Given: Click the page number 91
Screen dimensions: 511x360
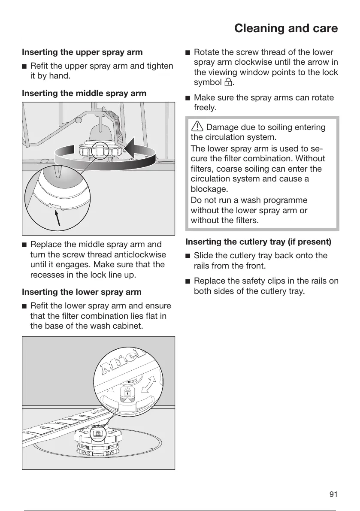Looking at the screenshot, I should click(x=333, y=494).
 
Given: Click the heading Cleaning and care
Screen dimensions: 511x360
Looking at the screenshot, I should click(x=286, y=28).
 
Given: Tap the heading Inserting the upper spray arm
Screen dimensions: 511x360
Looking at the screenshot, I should click(x=82, y=52).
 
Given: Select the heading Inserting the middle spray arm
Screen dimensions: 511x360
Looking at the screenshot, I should click(x=84, y=93).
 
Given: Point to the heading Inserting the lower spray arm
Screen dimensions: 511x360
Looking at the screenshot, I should click(x=82, y=292).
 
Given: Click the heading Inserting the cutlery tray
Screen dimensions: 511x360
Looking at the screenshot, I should click(x=258, y=242).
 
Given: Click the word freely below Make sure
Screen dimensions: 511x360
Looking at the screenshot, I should click(x=206, y=108).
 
